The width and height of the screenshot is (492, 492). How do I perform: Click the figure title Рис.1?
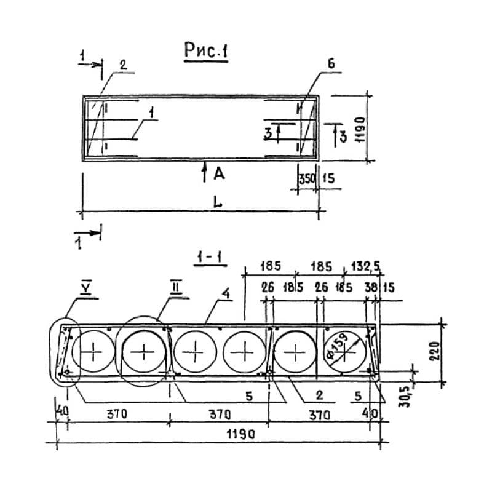pyautogui.click(x=205, y=52)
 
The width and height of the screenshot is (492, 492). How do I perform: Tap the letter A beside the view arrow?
pyautogui.click(x=218, y=175)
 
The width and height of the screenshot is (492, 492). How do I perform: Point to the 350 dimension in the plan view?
pyautogui.click(x=307, y=180)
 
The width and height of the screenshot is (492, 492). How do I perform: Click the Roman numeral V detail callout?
pyautogui.click(x=85, y=287)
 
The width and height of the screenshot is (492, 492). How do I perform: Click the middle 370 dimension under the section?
pyautogui.click(x=219, y=413)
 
